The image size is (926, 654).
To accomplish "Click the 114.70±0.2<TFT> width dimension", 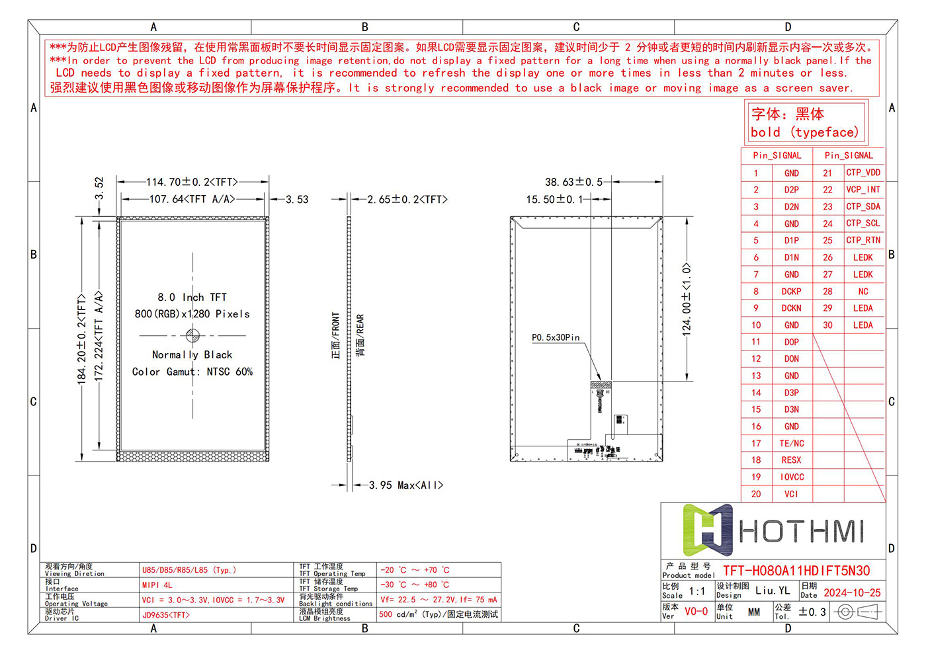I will point(192,182).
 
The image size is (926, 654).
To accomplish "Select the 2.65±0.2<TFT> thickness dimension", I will point(407,199).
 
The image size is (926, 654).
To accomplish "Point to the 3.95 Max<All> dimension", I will point(406,485).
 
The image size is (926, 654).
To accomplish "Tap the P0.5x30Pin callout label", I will point(556,338).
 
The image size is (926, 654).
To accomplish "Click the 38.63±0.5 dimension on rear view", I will point(573,182).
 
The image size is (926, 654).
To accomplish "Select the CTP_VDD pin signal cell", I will point(863,173).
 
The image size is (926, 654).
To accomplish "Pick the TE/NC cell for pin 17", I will point(792,444).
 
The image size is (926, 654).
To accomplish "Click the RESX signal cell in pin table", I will point(791,460).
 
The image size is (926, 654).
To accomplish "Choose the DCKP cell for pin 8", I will point(791,292).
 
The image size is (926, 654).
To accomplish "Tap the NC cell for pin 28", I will point(863,292).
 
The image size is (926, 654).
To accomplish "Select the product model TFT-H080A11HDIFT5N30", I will point(796,571).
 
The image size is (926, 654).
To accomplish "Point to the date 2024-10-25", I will point(852,593).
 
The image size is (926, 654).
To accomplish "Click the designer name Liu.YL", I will point(773,591).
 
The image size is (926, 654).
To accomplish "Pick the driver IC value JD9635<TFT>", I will point(166,615).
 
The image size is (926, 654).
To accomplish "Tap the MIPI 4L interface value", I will point(157,585).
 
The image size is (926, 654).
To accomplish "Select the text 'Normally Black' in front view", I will point(192,355).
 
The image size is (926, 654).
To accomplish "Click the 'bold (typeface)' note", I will point(804,132).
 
